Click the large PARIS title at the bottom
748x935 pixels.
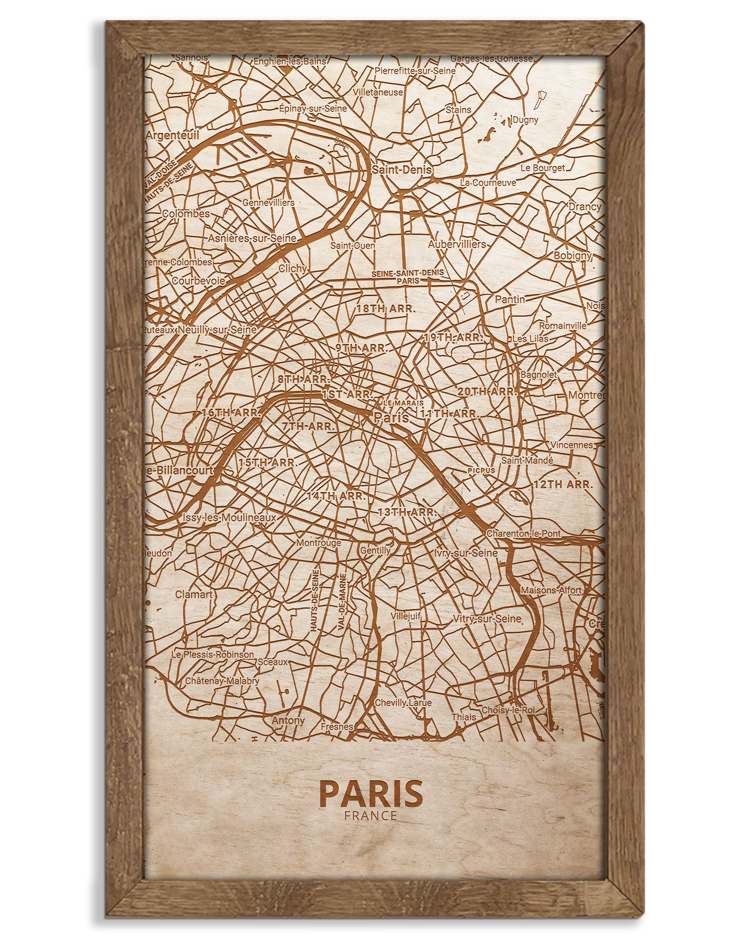[371, 793]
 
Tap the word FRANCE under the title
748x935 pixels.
[371, 815]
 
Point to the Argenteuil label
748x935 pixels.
[172, 135]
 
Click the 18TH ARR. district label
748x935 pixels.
[386, 309]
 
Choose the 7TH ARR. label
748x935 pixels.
[308, 426]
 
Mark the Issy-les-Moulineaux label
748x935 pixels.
[229, 517]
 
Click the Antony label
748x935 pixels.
[288, 720]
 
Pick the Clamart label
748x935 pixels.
[193, 594]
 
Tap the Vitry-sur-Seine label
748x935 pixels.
[487, 619]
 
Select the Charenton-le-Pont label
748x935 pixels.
[524, 534]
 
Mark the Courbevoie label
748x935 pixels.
[199, 280]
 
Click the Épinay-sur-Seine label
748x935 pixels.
[313, 108]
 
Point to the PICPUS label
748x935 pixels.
[481, 470]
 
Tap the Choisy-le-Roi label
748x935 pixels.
[508, 710]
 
